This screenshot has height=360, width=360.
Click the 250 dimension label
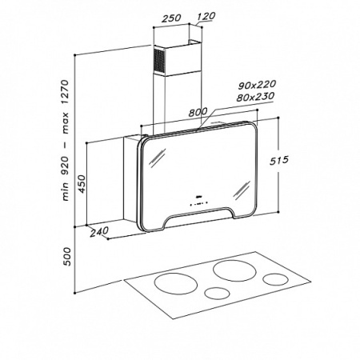point(171,18)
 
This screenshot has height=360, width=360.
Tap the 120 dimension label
point(206,16)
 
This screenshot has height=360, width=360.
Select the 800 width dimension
point(198,112)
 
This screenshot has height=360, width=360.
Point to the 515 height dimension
point(279,161)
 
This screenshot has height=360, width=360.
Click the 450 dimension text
point(82,184)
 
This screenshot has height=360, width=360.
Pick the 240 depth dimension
point(99,232)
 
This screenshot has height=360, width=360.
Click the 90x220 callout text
point(257,86)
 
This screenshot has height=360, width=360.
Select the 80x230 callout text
point(255,97)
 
